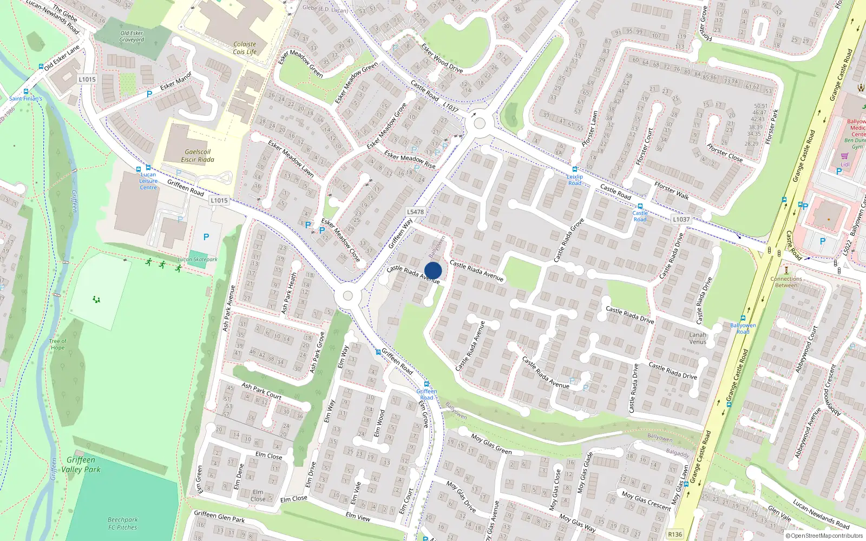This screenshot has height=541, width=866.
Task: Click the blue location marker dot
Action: [x=433, y=270]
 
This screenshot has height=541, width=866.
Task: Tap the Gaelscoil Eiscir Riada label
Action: [x=198, y=156]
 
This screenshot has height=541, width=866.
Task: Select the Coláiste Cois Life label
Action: [x=245, y=48]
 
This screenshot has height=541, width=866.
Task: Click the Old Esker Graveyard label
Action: [x=132, y=36]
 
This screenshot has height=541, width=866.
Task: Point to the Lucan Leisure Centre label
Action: [x=148, y=181]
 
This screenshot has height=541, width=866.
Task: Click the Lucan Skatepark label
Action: [x=198, y=260]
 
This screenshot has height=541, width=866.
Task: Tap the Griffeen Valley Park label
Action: [x=81, y=465]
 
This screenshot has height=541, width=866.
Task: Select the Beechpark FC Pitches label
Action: [x=123, y=523]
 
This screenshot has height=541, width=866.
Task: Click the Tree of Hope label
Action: [x=58, y=345]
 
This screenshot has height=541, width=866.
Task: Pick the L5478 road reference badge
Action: [x=415, y=212]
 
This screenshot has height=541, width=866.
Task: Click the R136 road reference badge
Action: [x=675, y=534]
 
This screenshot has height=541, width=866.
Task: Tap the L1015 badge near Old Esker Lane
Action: [x=87, y=79]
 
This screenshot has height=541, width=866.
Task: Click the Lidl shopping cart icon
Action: [x=844, y=156]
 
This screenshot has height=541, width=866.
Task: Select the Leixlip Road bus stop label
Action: [x=575, y=180]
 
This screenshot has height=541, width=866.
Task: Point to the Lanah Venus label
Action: [x=698, y=338]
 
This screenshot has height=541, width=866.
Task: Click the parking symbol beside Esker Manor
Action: [x=149, y=94]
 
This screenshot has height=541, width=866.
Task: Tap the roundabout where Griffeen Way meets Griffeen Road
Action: [x=347, y=296]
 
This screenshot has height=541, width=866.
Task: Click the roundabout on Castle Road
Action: [x=479, y=123]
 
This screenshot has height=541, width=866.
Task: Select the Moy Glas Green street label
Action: [x=491, y=444]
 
